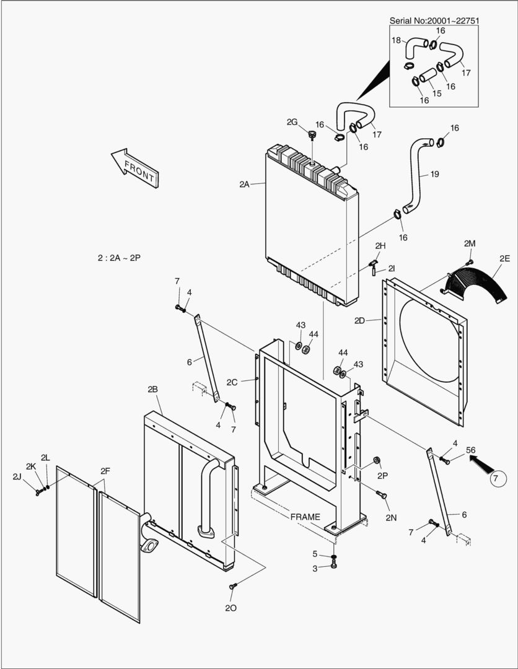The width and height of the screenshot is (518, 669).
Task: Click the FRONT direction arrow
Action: pyautogui.click(x=134, y=168)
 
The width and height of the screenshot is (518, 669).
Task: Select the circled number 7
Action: pyautogui.click(x=499, y=478)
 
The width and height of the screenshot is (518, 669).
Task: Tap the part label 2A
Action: pyautogui.click(x=244, y=184)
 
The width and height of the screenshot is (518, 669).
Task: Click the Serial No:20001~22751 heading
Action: pyautogui.click(x=434, y=21)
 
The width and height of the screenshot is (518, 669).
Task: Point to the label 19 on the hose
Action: pyautogui.click(x=434, y=174)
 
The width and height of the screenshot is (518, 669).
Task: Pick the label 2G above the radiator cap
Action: pyautogui.click(x=292, y=122)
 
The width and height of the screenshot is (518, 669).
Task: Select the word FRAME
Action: pyautogui.click(x=305, y=517)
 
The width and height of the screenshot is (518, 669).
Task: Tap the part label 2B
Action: pyautogui.click(x=152, y=389)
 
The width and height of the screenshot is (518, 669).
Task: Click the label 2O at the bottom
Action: pyautogui.click(x=230, y=608)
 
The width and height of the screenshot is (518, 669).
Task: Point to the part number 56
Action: pyautogui.click(x=470, y=450)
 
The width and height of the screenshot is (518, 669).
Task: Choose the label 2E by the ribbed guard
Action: pyautogui.click(x=504, y=258)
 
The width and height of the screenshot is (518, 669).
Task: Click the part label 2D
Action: pyautogui.click(x=359, y=320)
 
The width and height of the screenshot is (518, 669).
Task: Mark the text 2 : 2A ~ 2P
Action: pyautogui.click(x=119, y=257)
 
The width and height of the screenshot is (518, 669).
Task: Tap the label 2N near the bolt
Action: pyautogui.click(x=390, y=517)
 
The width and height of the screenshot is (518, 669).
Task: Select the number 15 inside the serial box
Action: pyautogui.click(x=437, y=93)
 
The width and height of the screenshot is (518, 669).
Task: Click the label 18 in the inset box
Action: pyautogui.click(x=396, y=40)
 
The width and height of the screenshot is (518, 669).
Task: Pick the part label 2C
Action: pyautogui.click(x=232, y=382)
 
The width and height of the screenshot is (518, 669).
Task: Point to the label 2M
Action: pyautogui.click(x=470, y=243)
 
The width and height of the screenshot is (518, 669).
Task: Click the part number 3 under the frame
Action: pyautogui.click(x=315, y=568)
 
